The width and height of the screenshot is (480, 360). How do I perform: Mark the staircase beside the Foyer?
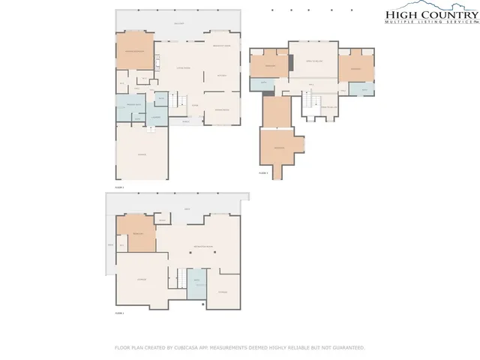coord(178,100)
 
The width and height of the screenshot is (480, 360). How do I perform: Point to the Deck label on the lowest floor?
coord(187,208)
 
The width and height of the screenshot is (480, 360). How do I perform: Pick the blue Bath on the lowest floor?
coord(196,282)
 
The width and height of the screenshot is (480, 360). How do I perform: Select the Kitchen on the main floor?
coord(221,76)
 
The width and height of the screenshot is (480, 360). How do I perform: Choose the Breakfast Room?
coord(221,46)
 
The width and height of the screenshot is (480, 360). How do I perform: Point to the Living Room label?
coord(182,68)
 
